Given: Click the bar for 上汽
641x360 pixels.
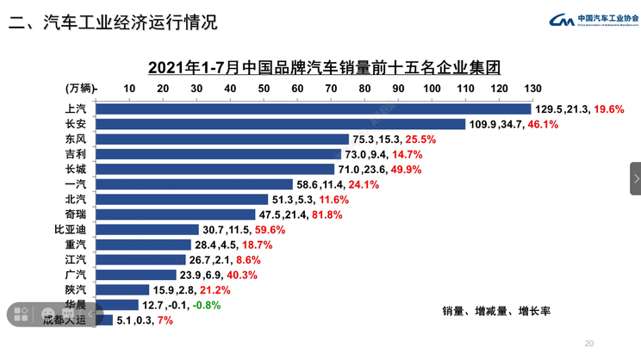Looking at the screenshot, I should click(x=312, y=109).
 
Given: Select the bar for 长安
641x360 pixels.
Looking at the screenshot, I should click(x=279, y=124).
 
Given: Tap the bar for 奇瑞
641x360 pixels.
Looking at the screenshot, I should click(x=175, y=214).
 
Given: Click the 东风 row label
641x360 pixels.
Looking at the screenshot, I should click(x=75, y=139).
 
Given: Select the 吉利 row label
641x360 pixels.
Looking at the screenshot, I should click(x=75, y=154).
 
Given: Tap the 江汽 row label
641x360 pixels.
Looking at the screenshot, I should click(x=75, y=259).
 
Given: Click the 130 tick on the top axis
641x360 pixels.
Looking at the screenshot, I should click(x=532, y=88).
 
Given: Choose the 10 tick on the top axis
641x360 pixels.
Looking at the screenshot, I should click(x=129, y=88).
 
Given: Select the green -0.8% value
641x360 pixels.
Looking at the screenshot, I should click(x=206, y=305).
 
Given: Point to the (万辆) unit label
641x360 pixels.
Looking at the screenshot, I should click(x=81, y=88).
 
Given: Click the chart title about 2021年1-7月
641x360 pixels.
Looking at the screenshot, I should click(x=324, y=66).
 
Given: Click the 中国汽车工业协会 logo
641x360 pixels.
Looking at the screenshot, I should click(x=594, y=21).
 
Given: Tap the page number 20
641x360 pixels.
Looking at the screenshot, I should click(x=589, y=344).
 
